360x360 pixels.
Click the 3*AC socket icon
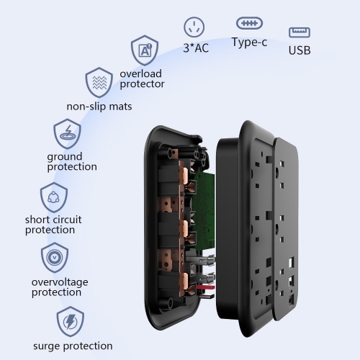194,27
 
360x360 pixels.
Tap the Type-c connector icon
249,23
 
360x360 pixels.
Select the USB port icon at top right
300,32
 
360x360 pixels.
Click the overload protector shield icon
145,50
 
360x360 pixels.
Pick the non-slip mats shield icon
99,82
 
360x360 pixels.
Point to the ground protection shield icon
67,134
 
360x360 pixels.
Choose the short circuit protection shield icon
54,197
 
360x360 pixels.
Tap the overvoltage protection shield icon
55,257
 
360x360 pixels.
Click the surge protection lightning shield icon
70,321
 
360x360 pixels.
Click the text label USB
300,50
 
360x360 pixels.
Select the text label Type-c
249,42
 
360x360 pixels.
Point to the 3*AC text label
196,48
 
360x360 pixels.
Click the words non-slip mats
99,107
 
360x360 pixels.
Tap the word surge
48,346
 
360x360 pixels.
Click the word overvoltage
60,282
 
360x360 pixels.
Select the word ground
65,157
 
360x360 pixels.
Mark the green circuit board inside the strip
203,211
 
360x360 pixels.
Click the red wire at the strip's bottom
205,287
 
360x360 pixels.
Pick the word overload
140,73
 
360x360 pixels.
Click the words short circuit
53,220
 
